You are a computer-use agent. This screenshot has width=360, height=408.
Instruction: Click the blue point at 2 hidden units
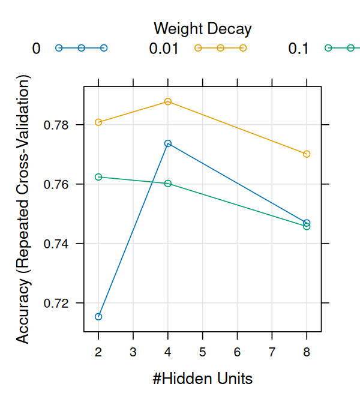pos(98,316)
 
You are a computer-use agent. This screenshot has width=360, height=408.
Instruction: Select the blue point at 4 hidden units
pos(168,143)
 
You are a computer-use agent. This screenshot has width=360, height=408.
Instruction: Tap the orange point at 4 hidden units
pos(168,101)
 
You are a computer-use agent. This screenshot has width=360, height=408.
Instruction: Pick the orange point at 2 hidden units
pos(98,122)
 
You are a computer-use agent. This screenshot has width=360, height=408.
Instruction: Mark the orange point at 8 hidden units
pos(307,154)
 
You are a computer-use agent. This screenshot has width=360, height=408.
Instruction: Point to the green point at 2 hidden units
pos(98,177)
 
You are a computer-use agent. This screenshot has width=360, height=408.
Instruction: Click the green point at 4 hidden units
pos(168,183)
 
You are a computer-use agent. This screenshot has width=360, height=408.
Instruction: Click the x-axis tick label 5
pos(202,350)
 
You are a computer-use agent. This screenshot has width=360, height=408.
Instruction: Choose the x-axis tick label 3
pos(133,350)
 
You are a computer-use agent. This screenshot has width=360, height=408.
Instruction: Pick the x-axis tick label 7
pos(272,350)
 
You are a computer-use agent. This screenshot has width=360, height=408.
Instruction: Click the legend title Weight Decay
pos(202,28)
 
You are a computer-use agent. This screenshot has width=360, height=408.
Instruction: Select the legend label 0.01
pos(164,49)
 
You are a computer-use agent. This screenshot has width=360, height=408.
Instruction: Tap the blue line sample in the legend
pos(81,48)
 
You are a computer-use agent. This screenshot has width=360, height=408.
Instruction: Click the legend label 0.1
pos(298,49)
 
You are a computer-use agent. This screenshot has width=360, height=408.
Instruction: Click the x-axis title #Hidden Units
pos(202,379)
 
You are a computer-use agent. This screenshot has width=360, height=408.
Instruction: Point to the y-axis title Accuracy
pos(23,209)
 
